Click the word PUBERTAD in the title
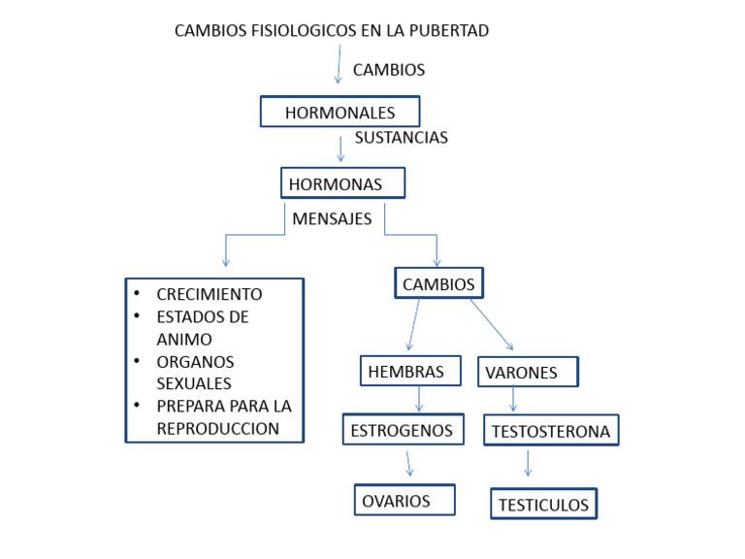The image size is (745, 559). [448, 30]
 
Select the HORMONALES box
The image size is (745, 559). [340, 112]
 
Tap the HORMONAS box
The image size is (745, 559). [342, 182]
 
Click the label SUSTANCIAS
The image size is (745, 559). [401, 138]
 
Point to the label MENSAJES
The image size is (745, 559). [332, 219]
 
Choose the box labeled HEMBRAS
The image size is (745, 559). [410, 371]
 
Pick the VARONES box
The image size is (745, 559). [528, 372]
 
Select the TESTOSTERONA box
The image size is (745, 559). [551, 431]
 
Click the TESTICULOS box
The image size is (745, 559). [543, 505]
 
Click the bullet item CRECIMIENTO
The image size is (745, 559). [209, 294]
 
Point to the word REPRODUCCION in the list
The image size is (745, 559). [217, 428]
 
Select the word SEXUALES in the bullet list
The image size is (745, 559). [194, 383]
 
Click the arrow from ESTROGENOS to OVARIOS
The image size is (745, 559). [409, 463]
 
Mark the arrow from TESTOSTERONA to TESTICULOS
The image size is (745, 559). [528, 463]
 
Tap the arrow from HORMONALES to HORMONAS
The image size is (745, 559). [341, 148]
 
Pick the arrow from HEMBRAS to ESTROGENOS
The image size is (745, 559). [419, 399]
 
